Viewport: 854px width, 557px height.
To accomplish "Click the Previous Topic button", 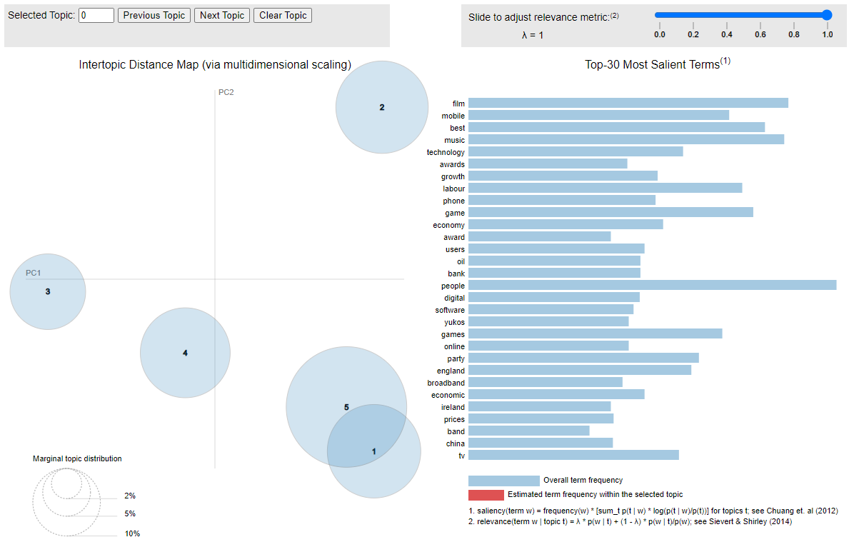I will [x=154, y=15].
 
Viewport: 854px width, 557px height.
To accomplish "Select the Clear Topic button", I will [x=283, y=15].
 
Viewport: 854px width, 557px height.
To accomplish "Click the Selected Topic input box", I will [x=96, y=15].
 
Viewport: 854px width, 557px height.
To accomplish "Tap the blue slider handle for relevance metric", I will [x=827, y=14].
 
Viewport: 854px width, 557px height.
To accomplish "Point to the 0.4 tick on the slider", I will [x=727, y=34].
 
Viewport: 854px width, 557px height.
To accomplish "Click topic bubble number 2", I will [x=382, y=107].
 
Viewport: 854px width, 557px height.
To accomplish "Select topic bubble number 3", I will [x=48, y=291].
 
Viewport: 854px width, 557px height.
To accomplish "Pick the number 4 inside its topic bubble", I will [x=185, y=353].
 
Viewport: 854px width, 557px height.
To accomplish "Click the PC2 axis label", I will [x=226, y=92].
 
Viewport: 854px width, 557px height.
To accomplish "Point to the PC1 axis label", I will [x=34, y=273].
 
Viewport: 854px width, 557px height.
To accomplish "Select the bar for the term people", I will [x=652, y=286].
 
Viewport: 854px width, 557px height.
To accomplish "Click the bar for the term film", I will [x=628, y=104].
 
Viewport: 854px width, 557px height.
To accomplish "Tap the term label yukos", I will [x=454, y=322].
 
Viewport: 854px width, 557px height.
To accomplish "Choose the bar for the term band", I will [x=529, y=431].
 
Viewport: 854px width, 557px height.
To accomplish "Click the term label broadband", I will [x=446, y=383].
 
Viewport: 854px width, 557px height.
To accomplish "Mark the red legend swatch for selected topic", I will [x=486, y=495].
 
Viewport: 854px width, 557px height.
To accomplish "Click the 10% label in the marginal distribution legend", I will [x=132, y=533].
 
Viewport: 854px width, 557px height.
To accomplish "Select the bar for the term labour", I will [x=606, y=189].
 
